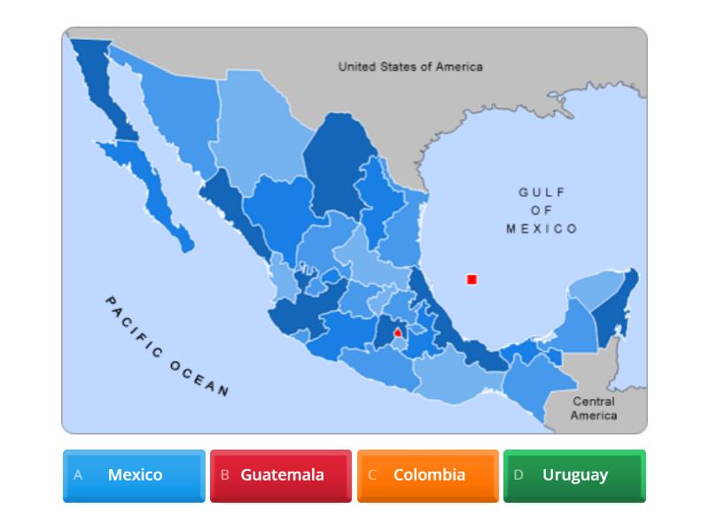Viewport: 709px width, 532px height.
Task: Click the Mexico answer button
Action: pyautogui.click(x=134, y=475)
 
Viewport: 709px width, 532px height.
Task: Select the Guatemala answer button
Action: pyautogui.click(x=281, y=475)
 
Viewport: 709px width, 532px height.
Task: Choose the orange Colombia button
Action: pyautogui.click(x=428, y=475)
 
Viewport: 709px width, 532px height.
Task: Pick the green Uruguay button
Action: pyautogui.click(x=574, y=475)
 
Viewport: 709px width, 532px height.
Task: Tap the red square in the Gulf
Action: pyautogui.click(x=471, y=279)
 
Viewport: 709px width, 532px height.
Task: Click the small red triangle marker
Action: pyautogui.click(x=398, y=332)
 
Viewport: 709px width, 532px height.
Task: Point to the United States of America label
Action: pyautogui.click(x=410, y=66)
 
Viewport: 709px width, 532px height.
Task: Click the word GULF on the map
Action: pyautogui.click(x=541, y=192)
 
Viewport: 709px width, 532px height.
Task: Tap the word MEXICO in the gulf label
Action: pyautogui.click(x=541, y=229)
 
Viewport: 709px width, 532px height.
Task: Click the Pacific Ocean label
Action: pyautogui.click(x=167, y=347)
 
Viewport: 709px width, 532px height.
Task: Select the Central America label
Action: pyautogui.click(x=594, y=408)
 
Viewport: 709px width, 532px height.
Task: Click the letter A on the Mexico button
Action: pyautogui.click(x=78, y=475)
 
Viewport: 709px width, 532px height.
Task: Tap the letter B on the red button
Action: pyautogui.click(x=224, y=475)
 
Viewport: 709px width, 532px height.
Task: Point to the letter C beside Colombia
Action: pyautogui.click(x=372, y=475)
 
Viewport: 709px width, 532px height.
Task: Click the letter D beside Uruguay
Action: pyautogui.click(x=518, y=475)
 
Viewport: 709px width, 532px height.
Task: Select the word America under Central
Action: pyautogui.click(x=594, y=415)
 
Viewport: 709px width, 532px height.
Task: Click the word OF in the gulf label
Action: pyautogui.click(x=541, y=211)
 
